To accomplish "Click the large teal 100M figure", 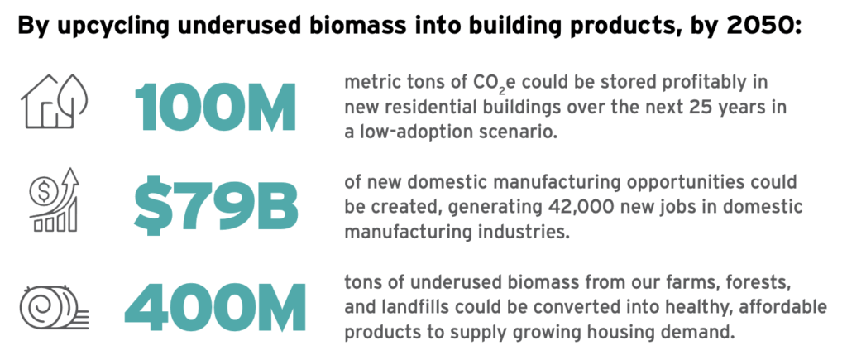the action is coord(216,107).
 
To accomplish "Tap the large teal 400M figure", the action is coord(215,306).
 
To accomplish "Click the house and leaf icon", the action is coord(55,102).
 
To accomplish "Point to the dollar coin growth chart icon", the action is coord(55,200).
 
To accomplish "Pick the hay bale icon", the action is coord(54,307).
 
